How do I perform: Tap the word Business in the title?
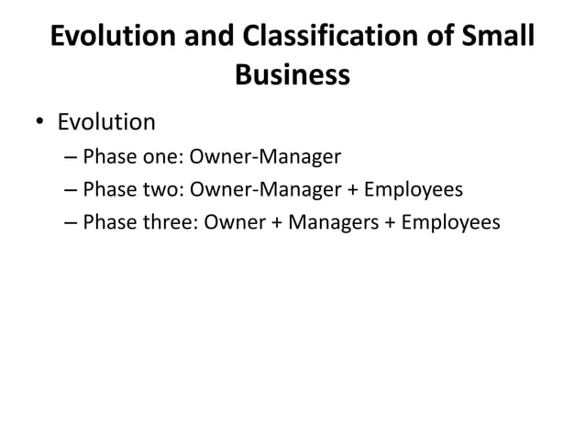[x=292, y=75]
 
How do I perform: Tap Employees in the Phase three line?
[x=450, y=223]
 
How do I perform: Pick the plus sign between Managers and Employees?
[x=390, y=224]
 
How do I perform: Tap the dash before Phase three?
[x=72, y=224]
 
